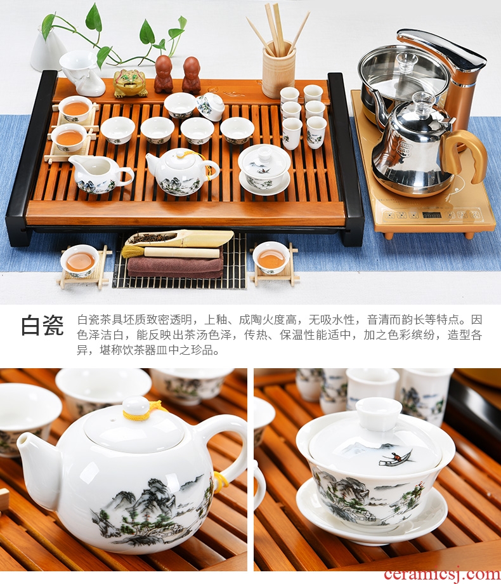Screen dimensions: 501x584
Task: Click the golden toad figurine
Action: click(x=130, y=83)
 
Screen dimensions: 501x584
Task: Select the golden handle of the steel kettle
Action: click(x=464, y=154)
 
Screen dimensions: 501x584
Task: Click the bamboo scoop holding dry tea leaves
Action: click(x=179, y=238)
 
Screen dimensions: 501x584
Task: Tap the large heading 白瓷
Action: click(x=42, y=325)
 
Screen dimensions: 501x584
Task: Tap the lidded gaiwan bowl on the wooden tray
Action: click(x=264, y=169)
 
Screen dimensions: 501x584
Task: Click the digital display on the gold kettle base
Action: click(x=431, y=215)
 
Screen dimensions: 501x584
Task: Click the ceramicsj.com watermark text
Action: click(x=442, y=575)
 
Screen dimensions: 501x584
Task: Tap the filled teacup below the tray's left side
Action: click(x=80, y=261)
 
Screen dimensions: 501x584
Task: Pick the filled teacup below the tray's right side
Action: click(x=271, y=257)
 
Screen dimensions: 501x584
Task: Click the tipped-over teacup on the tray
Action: click(x=211, y=107)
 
